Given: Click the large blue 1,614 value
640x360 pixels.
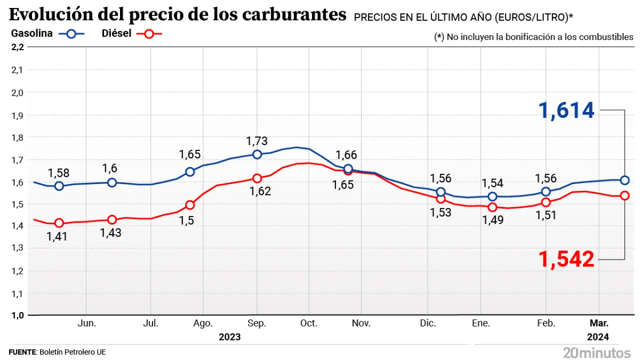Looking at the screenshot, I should (x=566, y=110).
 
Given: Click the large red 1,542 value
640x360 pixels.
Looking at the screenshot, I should (x=566, y=259).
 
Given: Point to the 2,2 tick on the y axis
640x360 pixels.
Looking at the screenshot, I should (x=17, y=47).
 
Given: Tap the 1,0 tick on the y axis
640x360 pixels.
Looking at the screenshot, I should (x=17, y=315).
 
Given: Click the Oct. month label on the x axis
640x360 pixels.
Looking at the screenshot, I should (x=309, y=323).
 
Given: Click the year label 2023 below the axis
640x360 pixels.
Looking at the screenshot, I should (x=229, y=336).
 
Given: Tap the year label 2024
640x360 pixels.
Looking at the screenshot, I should (x=598, y=336).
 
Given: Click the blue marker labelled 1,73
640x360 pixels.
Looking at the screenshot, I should (x=257, y=154).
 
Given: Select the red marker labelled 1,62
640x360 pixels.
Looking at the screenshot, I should (x=257, y=178).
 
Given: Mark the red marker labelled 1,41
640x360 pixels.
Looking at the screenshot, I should (x=59, y=223).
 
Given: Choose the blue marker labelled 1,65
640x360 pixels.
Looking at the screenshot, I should (x=190, y=172).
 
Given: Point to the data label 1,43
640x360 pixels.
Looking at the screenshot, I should (x=110, y=232).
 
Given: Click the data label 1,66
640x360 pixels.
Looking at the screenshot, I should (x=345, y=155).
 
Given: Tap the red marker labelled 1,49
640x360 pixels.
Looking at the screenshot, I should (x=492, y=207).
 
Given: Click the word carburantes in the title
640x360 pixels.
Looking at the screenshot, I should (x=294, y=15).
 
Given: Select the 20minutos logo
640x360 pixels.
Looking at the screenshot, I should (x=596, y=352).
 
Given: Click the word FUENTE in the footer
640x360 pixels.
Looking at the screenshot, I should (x=22, y=352).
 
